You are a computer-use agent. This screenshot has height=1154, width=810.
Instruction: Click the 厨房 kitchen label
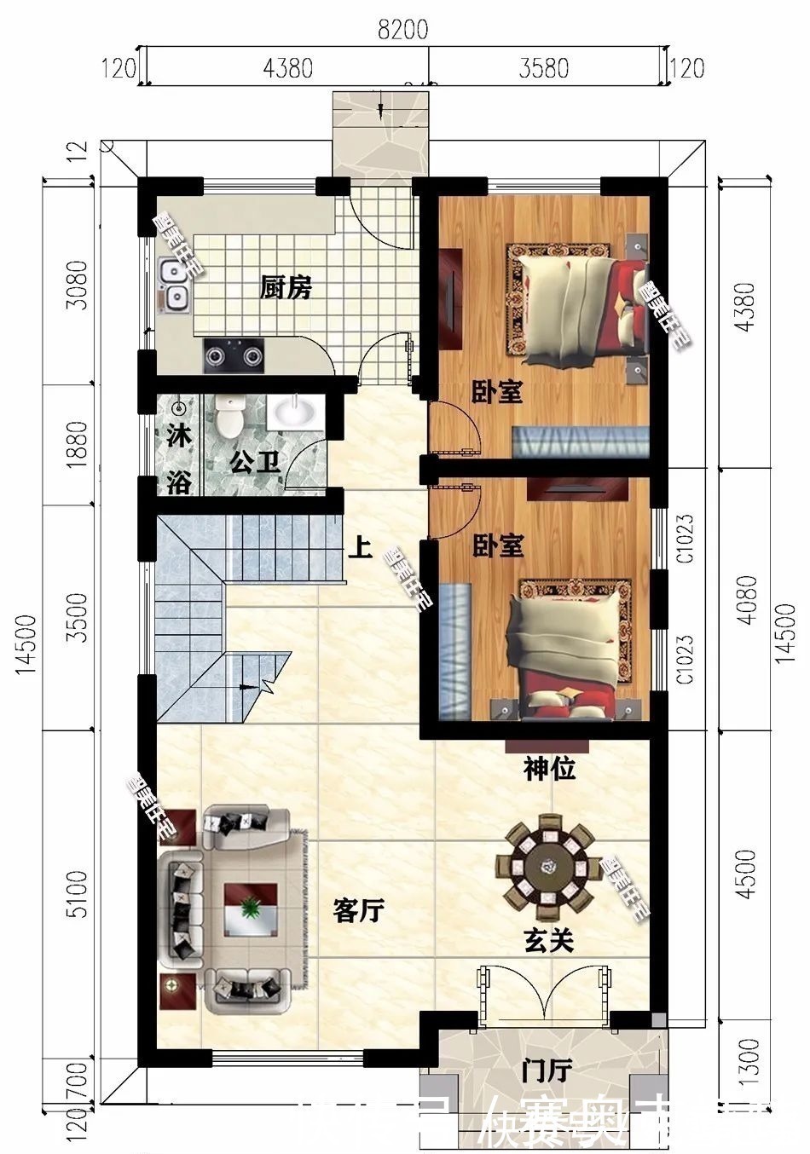[286, 289]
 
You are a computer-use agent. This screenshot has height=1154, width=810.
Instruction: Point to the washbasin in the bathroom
[294, 413]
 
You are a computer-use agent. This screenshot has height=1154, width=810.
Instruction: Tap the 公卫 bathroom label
[255, 464]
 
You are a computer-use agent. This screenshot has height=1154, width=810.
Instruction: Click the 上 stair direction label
[360, 546]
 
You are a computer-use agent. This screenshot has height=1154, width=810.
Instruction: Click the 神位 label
[549, 770]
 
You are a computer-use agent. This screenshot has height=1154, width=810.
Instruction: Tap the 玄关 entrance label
[547, 940]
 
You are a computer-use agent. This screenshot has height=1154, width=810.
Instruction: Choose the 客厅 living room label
[358, 911]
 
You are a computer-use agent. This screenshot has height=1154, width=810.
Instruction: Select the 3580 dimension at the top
[544, 67]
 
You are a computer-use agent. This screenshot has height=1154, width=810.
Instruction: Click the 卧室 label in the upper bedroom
[498, 392]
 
